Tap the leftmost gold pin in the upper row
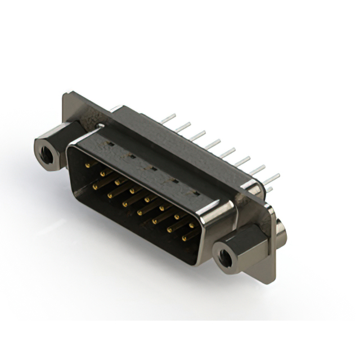[x=87, y=166]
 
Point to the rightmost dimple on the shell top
[x=196, y=193]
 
